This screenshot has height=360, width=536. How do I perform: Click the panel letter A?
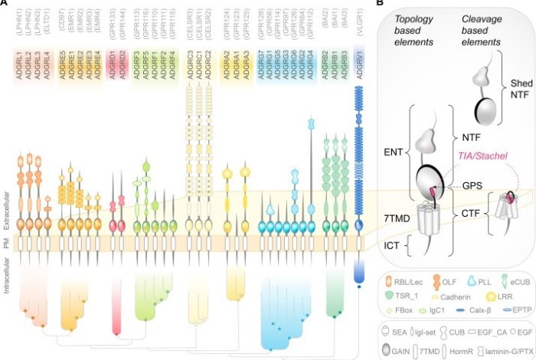(5, 4)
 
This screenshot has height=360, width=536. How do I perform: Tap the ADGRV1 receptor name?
(360, 57)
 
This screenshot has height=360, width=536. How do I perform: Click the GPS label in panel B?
(473, 186)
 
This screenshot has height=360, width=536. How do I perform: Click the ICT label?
(394, 247)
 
